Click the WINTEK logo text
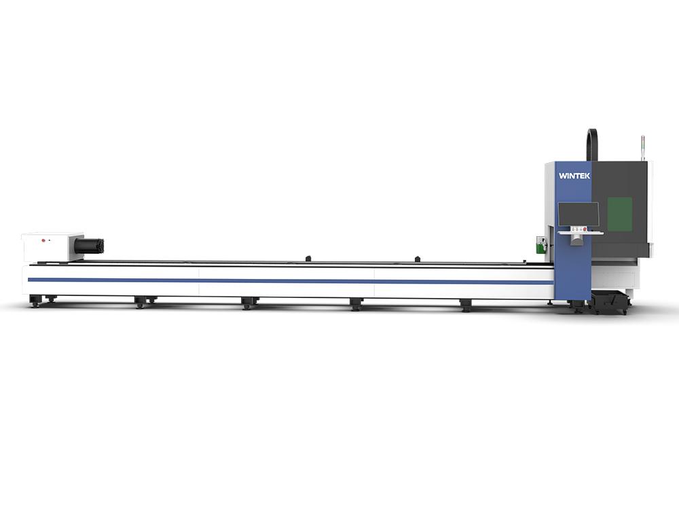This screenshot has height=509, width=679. (574, 176)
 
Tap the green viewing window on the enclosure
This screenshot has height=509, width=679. (619, 214)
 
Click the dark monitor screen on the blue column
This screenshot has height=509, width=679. (579, 215)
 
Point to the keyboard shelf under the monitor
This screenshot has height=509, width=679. (581, 233)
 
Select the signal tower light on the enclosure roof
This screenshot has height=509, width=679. (642, 147)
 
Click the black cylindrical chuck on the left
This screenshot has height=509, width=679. (89, 245)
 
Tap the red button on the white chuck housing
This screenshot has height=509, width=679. (43, 240)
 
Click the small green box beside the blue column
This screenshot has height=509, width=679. (539, 244)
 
